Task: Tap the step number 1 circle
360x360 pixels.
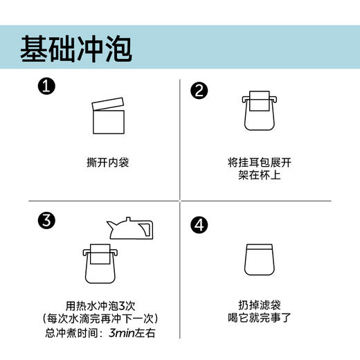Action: (x=46, y=88)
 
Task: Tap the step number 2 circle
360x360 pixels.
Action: (x=199, y=91)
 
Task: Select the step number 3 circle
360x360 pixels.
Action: (x=46, y=222)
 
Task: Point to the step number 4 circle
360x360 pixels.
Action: (x=199, y=224)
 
